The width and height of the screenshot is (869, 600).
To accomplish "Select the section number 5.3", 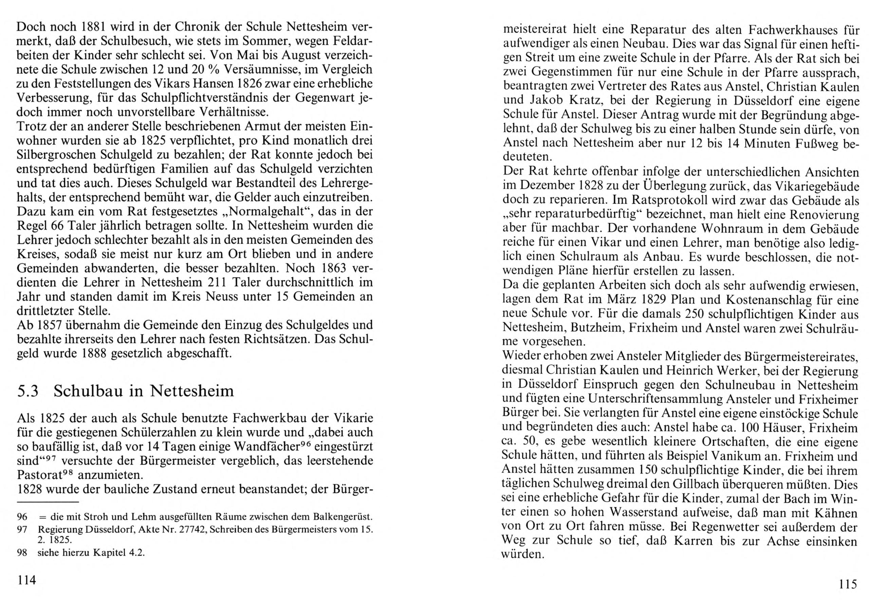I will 28,391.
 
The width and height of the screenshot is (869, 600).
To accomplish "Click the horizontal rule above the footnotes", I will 48,502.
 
